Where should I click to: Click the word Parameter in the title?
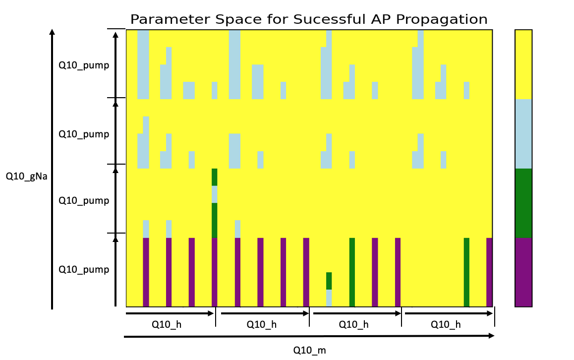click(171, 19)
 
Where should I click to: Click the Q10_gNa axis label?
click(26, 177)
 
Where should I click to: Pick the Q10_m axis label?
click(309, 351)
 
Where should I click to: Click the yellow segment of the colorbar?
click(523, 64)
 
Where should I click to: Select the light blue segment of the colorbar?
click(523, 134)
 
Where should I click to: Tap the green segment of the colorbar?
click(523, 203)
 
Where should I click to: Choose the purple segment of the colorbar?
click(523, 272)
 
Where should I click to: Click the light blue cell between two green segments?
click(215, 194)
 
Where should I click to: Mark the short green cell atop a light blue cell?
click(329, 281)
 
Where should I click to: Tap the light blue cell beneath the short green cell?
click(329, 298)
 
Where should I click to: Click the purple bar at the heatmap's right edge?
click(489, 272)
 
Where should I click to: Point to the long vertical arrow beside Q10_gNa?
click(52, 169)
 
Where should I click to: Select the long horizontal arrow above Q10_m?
click(309, 336)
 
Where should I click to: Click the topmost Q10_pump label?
click(84, 65)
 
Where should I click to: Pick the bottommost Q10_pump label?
click(84, 270)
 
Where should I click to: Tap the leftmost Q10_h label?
click(167, 324)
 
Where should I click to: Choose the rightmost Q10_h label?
click(446, 324)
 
